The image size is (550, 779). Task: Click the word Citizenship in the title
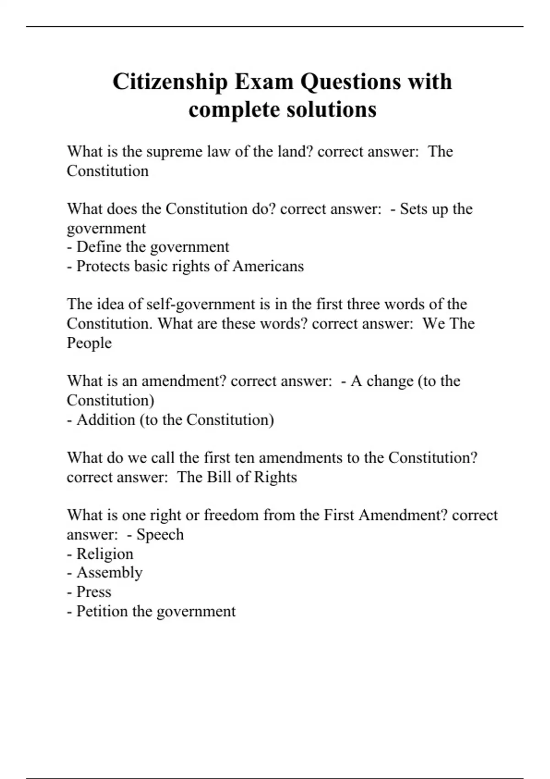tap(170, 82)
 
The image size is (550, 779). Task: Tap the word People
tap(89, 343)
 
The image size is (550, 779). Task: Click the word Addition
tap(106, 420)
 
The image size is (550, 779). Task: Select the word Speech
tap(160, 534)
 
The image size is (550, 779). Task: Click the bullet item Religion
tap(105, 554)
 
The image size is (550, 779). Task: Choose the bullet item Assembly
tap(110, 573)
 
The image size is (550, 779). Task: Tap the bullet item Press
tap(94, 592)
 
